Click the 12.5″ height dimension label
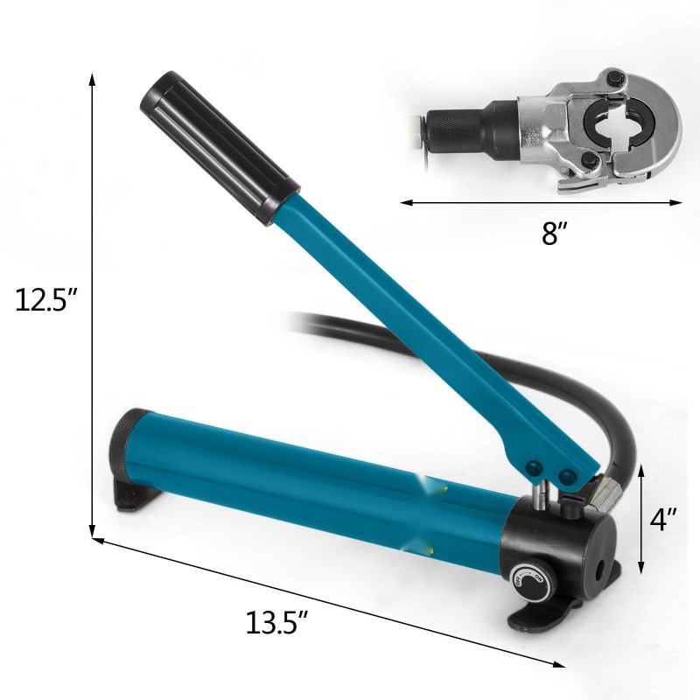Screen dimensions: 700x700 click(46, 299)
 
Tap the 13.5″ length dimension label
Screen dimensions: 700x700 click(277, 622)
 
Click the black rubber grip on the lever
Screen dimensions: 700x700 click(220, 149)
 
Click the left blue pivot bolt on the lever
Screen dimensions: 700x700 click(534, 468)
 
